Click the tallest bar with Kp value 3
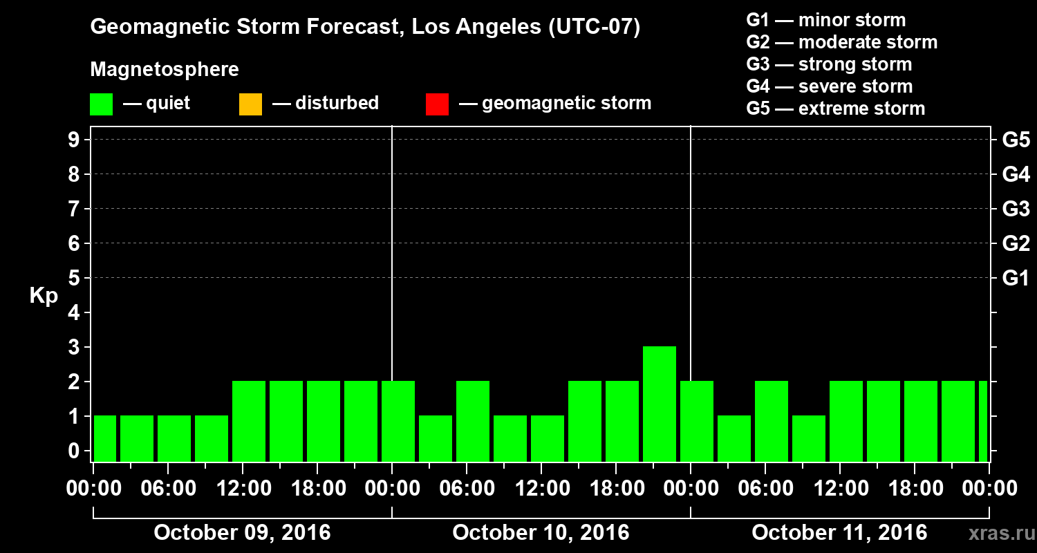point(659,404)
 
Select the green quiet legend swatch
point(101,104)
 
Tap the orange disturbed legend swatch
point(250,104)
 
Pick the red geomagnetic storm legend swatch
point(437,104)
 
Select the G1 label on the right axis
point(1016,279)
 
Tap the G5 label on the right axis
point(1016,140)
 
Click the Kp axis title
point(44,296)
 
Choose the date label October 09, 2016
point(242,533)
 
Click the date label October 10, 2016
point(541,533)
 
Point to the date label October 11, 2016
point(839,533)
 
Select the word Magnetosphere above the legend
point(165,70)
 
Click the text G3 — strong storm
point(829,64)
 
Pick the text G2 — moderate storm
point(841,42)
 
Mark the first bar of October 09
point(105,438)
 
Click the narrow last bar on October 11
point(982,421)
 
